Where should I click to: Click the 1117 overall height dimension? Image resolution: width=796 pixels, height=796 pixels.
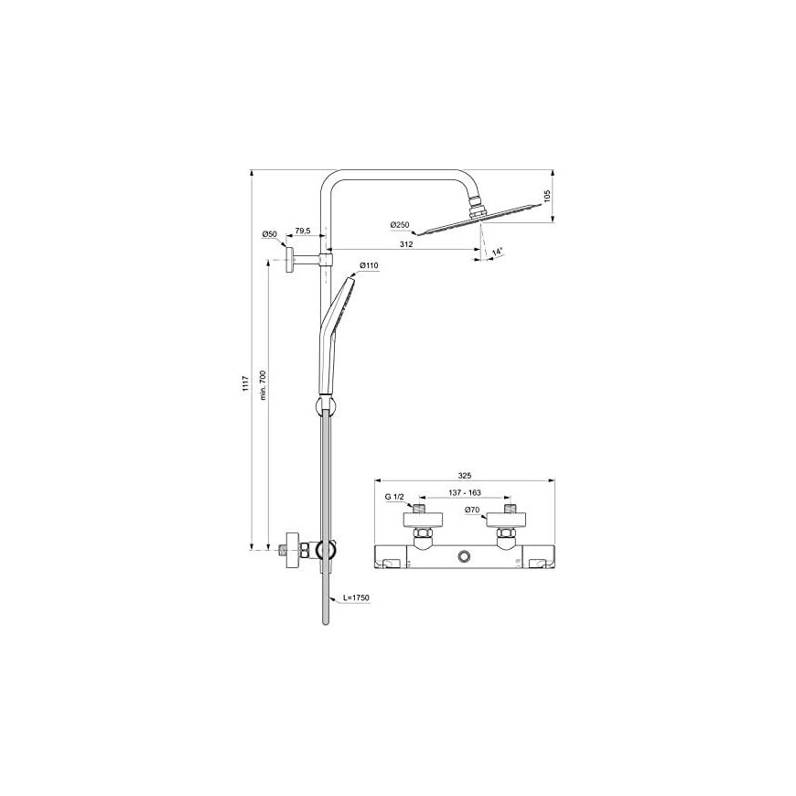pos(245,382)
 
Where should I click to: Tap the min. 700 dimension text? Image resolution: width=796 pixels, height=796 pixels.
pos(263,385)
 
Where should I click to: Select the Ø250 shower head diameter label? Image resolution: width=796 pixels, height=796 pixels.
pos(400,225)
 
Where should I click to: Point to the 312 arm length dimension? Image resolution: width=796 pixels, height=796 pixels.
pos(405,244)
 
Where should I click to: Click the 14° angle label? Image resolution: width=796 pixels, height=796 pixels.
pos(498,252)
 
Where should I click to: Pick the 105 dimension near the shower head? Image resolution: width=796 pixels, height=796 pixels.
pos(547,197)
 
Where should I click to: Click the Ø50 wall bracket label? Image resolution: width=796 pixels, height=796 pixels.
pos(270,234)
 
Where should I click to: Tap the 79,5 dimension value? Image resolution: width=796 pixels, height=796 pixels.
pos(303,231)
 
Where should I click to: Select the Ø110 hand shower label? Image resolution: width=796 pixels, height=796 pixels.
pos(369,265)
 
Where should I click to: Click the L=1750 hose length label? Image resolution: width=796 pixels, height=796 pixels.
pos(357,598)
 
